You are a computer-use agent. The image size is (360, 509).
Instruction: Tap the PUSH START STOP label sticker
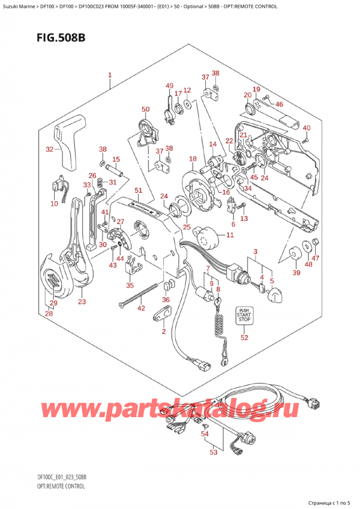click(x=244, y=315)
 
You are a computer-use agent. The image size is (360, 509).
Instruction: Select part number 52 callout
click(x=244, y=338)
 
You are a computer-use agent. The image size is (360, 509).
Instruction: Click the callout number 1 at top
click(x=110, y=76)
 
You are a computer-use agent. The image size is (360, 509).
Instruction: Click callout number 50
click(x=145, y=109)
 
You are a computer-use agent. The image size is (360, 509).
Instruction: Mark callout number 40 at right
click(x=307, y=128)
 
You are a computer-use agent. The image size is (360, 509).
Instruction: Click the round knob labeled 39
click(x=295, y=254)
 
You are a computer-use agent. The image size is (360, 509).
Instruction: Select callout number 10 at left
click(x=55, y=204)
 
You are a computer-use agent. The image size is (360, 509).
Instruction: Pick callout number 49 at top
click(x=170, y=85)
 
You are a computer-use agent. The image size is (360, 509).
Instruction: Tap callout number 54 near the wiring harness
click(x=205, y=433)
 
